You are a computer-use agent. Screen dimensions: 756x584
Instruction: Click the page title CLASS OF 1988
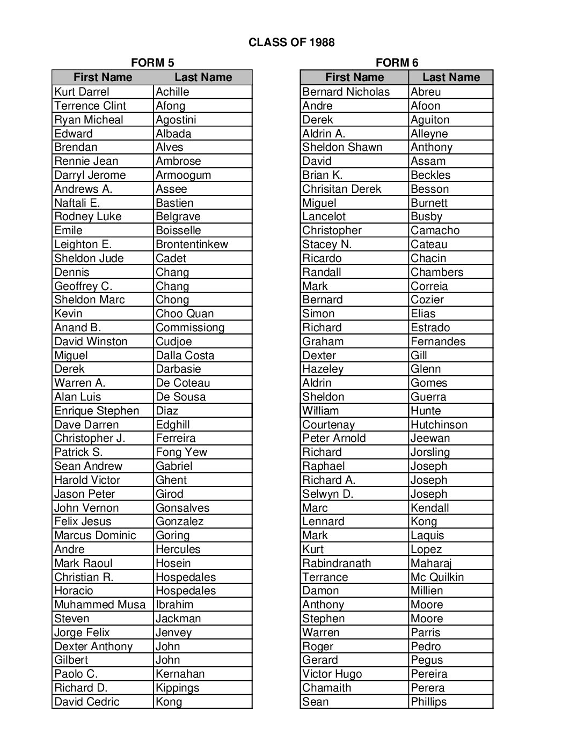pos(291,42)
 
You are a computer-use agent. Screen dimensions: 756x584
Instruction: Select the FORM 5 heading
pos(152,63)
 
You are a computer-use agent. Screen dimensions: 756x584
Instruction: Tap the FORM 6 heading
pos(397,63)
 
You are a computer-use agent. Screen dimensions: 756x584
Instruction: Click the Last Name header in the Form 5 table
pos(203,77)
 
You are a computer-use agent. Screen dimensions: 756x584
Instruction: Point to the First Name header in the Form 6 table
pos(354,77)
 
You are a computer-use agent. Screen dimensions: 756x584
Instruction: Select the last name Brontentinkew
pos(192,244)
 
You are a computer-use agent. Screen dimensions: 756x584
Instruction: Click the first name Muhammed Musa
pos(100,605)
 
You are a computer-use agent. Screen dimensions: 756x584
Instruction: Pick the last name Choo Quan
pos(185,314)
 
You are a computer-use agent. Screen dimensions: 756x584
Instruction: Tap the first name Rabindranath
pos(337,563)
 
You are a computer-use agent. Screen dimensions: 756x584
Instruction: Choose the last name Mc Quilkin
pos(437,577)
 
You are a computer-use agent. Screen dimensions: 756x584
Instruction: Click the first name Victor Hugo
pos(332,674)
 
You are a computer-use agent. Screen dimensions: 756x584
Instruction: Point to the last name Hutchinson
pos(439,425)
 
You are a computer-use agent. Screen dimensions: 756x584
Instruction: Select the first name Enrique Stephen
pos(97,411)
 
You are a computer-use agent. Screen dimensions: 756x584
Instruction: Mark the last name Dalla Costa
pos(185,355)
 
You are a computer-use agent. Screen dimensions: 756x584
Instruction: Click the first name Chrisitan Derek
pos(341,189)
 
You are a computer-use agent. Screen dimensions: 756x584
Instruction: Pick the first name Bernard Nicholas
pos(346,92)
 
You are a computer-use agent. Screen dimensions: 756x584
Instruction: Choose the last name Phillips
pos(428,702)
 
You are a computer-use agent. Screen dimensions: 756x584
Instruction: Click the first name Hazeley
pos(323,369)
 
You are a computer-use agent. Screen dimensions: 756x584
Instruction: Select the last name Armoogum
pos(183,175)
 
